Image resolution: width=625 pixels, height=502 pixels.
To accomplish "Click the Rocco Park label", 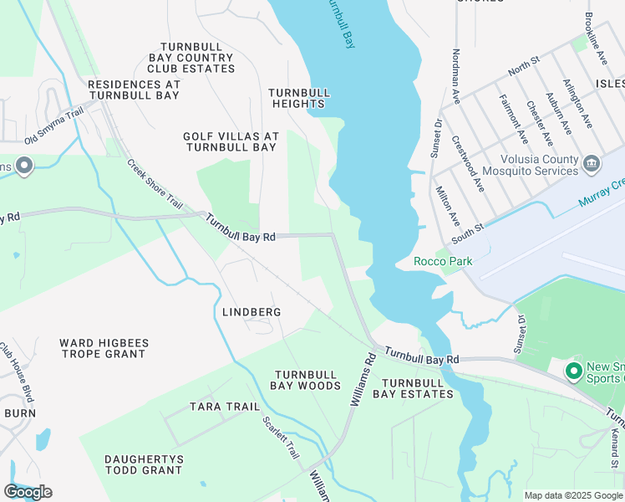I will point(443,261).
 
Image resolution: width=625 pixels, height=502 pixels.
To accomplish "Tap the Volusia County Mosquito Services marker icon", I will point(592,161).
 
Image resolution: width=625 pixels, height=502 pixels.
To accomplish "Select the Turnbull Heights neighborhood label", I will point(300,98).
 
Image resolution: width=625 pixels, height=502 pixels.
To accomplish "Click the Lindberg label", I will point(252,312).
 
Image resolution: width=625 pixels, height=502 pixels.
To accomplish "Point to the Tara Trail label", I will point(225,407).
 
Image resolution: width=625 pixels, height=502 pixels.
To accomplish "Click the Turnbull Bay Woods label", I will point(305,381).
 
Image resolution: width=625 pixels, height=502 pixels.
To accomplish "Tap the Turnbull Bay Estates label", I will point(413,387).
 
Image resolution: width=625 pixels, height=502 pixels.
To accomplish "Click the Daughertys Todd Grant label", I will point(143,464).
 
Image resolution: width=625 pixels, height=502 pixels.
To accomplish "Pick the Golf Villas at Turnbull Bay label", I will point(230,141).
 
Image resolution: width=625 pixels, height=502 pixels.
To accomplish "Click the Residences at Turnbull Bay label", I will point(134,90).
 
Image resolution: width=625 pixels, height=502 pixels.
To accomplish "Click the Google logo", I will point(28,492).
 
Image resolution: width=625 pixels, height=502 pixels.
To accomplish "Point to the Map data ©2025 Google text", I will point(572,495).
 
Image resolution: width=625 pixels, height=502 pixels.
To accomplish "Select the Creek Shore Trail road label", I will point(155,184).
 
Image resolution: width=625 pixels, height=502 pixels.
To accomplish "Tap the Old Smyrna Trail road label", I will point(55,126).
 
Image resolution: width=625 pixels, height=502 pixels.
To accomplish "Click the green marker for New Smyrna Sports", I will point(573,371).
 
